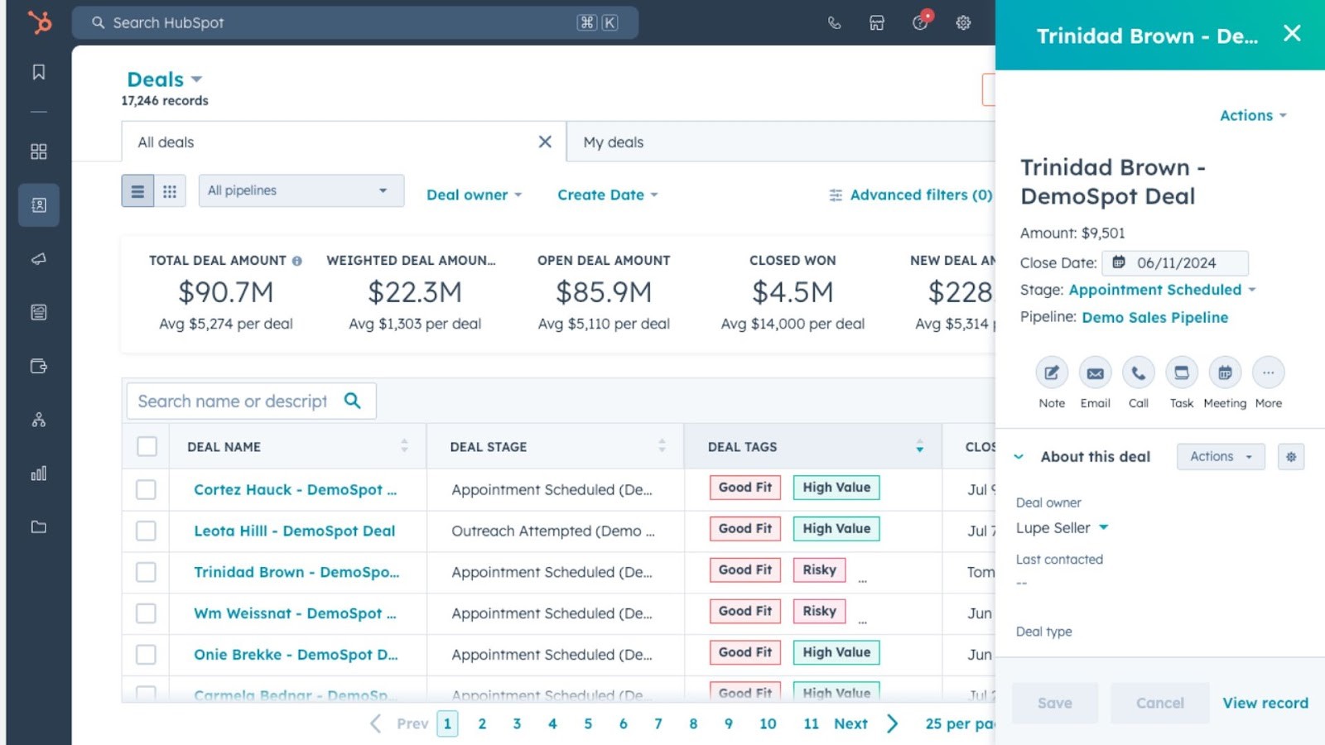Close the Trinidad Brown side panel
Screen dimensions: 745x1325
[x=1291, y=33]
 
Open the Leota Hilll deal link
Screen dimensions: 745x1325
[x=294, y=531]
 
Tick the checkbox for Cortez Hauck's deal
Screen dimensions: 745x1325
[x=147, y=489]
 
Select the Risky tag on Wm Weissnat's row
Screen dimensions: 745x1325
[x=819, y=611]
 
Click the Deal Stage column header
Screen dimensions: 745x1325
[x=489, y=447]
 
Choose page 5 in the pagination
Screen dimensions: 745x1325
[x=588, y=723]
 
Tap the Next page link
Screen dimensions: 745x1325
[x=850, y=723]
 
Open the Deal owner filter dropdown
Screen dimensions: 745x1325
[x=474, y=195]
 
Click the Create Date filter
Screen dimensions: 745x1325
[x=607, y=195]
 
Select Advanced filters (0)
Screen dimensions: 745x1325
[x=911, y=195]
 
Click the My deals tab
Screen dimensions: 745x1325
[x=614, y=142]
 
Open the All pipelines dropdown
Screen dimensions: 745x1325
[x=301, y=190]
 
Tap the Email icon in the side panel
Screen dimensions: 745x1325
[x=1095, y=373]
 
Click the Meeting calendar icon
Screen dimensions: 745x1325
[x=1225, y=373]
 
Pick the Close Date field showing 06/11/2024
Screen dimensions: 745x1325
[x=1175, y=263]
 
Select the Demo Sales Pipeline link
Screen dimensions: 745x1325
[x=1154, y=318]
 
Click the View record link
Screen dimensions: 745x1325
[x=1265, y=703]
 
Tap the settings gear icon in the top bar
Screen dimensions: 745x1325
[x=963, y=23]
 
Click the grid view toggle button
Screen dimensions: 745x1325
[x=170, y=191]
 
